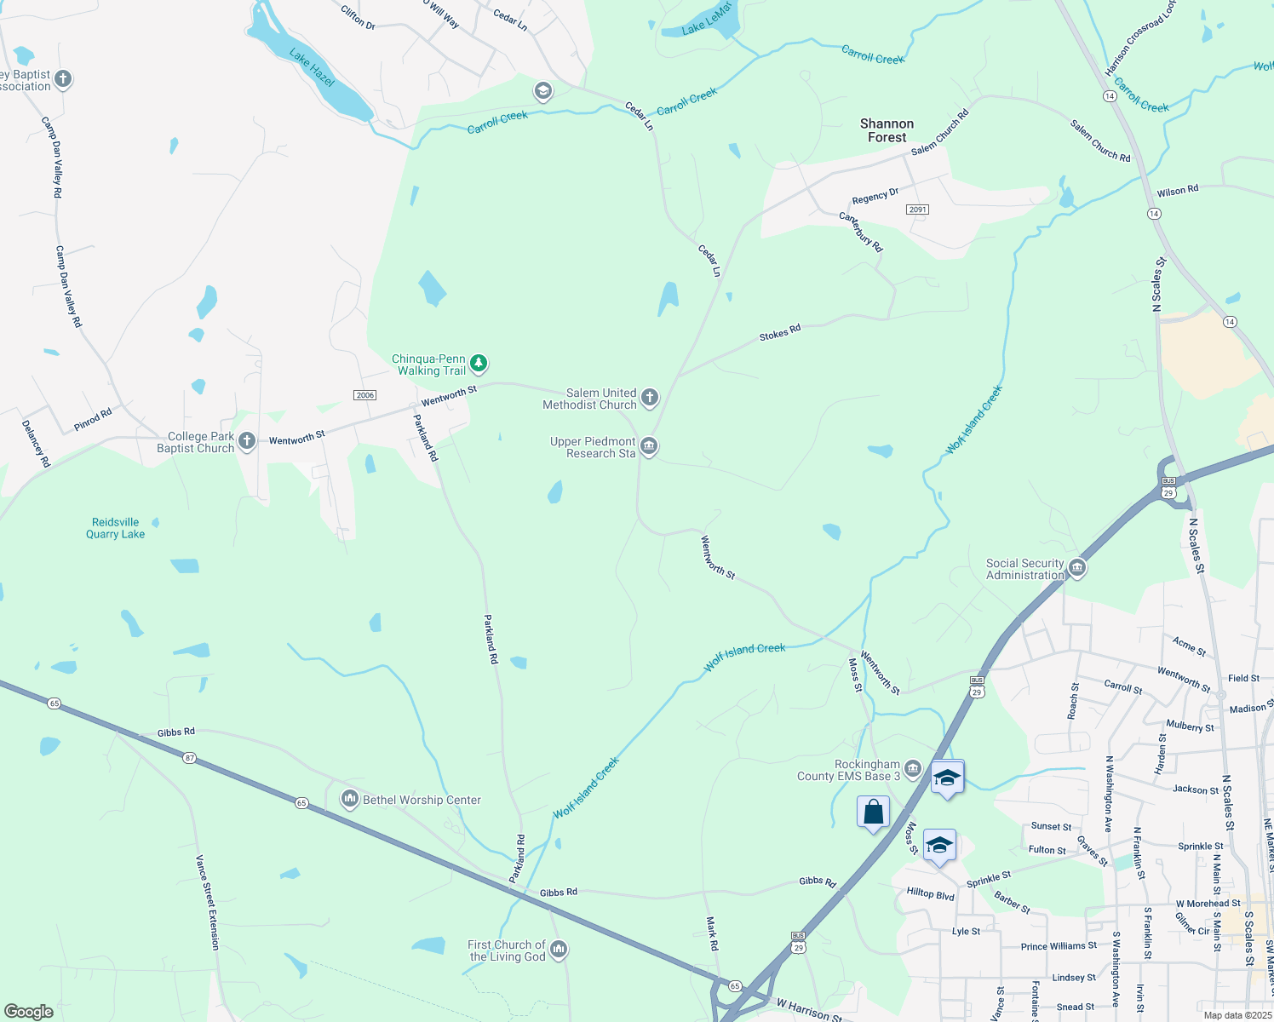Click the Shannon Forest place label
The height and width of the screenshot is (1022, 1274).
[887, 130]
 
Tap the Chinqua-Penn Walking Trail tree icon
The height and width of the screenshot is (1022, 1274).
[479, 364]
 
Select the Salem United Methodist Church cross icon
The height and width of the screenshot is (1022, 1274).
[650, 397]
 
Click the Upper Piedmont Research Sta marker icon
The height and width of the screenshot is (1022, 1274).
[649, 446]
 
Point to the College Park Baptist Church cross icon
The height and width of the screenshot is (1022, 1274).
[247, 440]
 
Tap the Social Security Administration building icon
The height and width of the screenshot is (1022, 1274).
[1077, 567]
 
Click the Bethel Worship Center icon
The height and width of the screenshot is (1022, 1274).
[349, 799]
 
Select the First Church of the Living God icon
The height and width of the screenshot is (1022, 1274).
[559, 949]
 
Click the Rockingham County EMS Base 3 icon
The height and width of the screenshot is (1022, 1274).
[913, 769]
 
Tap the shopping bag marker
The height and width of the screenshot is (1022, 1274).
[873, 812]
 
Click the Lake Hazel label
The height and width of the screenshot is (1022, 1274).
[312, 67]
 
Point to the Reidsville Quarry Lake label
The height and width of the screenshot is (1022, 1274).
[116, 528]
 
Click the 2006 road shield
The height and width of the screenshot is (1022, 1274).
[364, 395]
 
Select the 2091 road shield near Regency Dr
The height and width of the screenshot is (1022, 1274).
[917, 210]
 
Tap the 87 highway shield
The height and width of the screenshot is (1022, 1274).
[189, 758]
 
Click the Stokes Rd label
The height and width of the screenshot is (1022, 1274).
[780, 332]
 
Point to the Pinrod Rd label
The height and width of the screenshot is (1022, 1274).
[93, 420]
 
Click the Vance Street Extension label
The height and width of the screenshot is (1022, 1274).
[208, 902]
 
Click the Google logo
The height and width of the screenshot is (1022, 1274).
[29, 1011]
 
